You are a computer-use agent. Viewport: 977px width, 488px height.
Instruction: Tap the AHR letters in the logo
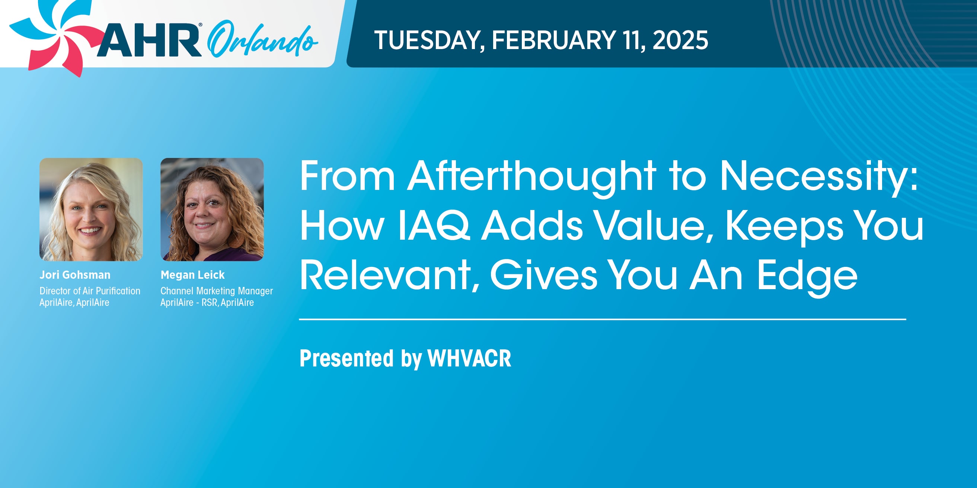149,40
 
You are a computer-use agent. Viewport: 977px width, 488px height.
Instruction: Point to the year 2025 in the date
680,40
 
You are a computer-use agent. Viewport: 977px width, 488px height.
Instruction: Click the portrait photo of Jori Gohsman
91,209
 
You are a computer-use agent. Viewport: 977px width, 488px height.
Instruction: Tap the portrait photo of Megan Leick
212,209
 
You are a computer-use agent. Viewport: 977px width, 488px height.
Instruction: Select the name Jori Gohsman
75,275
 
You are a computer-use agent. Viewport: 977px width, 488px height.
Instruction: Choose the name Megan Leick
193,275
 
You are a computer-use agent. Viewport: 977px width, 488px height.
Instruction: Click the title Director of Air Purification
90,291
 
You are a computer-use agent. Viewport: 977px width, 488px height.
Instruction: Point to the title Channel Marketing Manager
217,291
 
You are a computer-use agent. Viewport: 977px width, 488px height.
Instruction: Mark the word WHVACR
470,358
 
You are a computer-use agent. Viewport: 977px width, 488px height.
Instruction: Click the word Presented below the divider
347,358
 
